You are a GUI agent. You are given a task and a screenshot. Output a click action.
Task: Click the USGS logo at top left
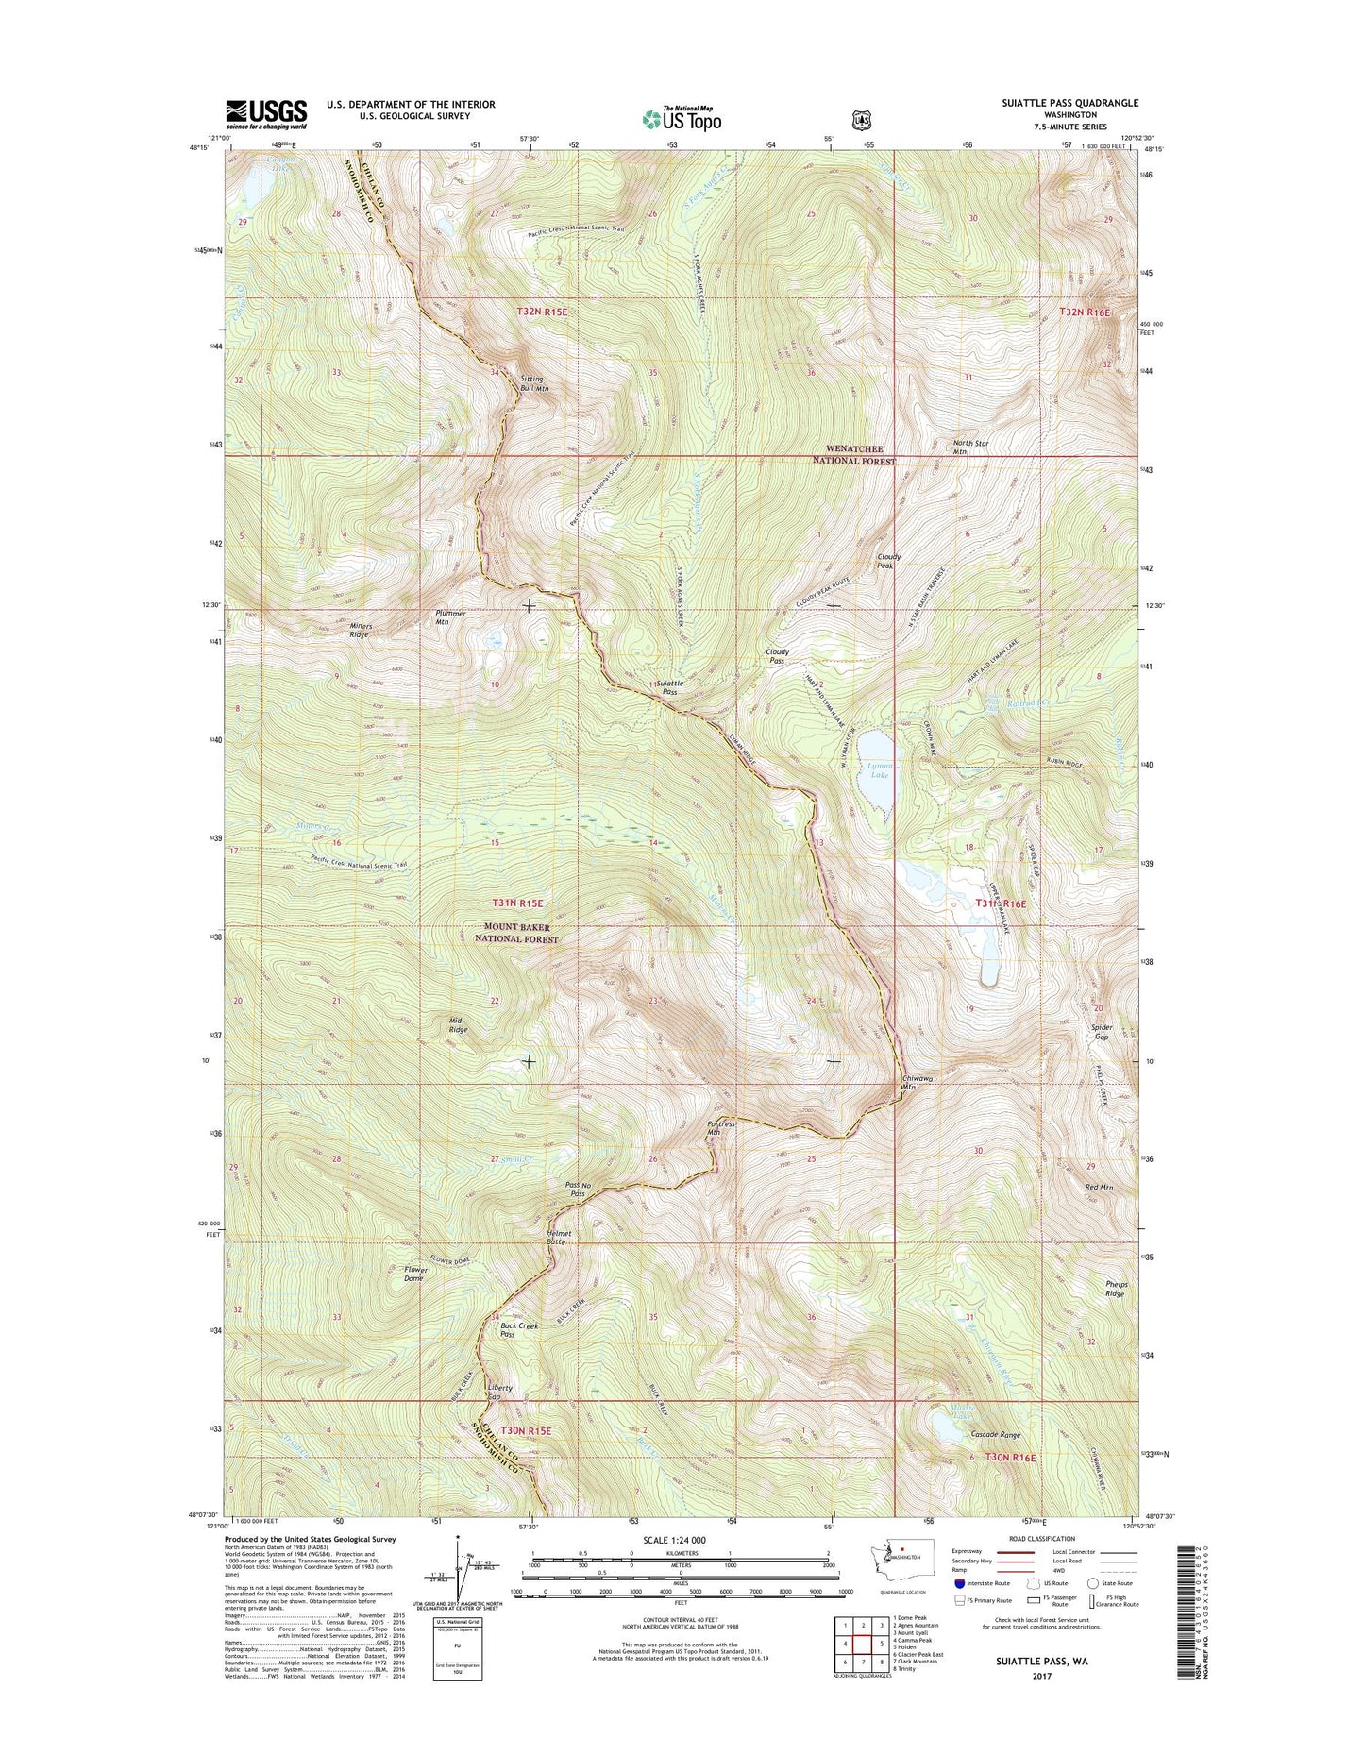(x=253, y=114)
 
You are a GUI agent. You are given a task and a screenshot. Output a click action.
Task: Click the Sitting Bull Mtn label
(x=534, y=383)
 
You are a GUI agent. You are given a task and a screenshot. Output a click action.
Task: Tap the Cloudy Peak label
(x=889, y=561)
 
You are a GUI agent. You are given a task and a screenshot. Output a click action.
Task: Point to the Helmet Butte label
(x=554, y=1237)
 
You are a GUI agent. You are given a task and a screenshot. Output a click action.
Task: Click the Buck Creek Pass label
(x=519, y=1330)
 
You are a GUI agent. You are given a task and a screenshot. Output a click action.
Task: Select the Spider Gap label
(x=1101, y=1032)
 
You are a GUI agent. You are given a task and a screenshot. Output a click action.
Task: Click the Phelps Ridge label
(x=1116, y=1289)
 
